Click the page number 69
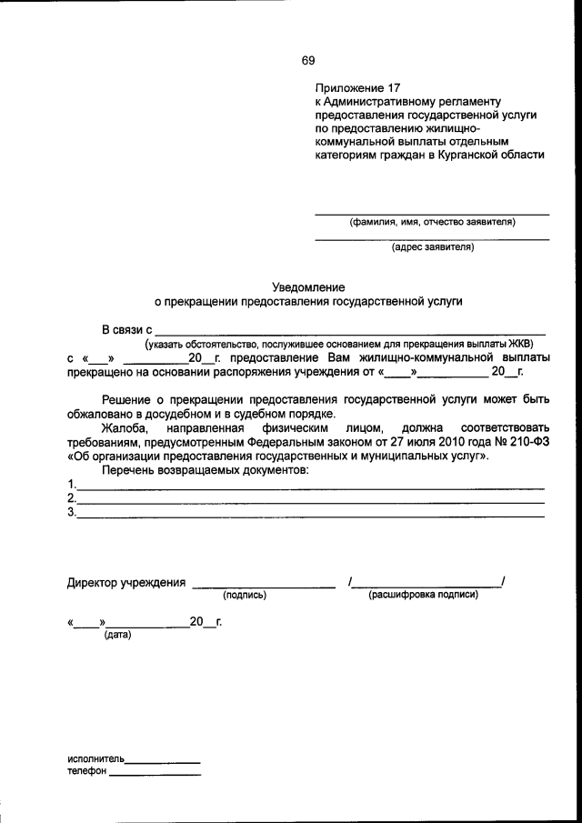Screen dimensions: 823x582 (308, 61)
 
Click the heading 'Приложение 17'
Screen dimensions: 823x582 (357, 88)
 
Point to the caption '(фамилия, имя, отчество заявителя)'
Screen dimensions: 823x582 (433, 222)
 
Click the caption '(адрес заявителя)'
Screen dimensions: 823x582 (433, 246)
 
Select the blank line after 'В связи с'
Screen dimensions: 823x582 (350, 333)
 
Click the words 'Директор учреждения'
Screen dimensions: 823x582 (126, 583)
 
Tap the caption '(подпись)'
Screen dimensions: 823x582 (244, 596)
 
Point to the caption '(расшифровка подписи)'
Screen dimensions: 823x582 (423, 596)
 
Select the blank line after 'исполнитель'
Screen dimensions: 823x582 (163, 760)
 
